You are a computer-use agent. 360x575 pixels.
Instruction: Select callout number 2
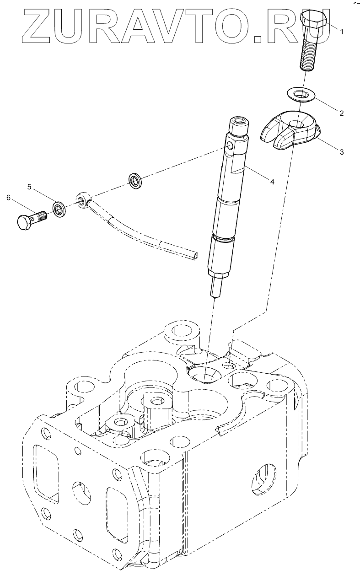[341, 112]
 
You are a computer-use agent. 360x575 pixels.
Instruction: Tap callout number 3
[341, 152]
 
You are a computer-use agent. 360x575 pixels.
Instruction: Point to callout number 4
[272, 182]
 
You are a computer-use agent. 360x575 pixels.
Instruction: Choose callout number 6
[8, 197]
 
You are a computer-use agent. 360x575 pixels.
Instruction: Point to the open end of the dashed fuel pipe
[196, 256]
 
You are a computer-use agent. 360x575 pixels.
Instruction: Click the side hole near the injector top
[230, 147]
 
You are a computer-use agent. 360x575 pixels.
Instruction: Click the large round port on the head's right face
[264, 479]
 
